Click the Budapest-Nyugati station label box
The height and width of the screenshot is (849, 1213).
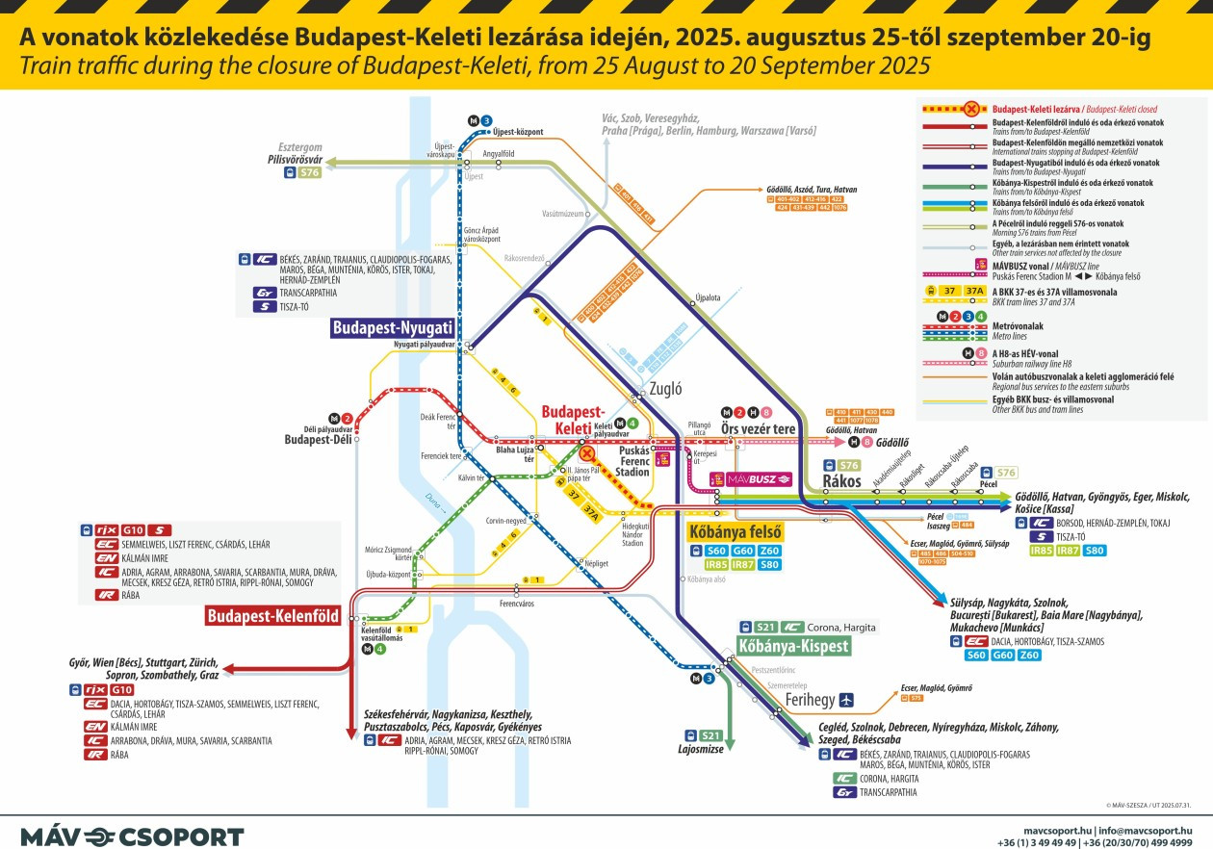[392, 328]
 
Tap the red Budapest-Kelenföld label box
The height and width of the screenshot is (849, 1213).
[273, 616]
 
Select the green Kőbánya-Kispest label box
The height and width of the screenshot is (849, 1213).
[793, 646]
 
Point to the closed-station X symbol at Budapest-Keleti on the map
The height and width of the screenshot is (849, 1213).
[586, 451]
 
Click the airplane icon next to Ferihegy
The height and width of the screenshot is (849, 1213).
[846, 700]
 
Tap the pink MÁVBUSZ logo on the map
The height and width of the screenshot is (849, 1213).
[751, 477]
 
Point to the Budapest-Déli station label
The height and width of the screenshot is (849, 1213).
[315, 440]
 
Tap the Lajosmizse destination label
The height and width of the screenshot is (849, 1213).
[700, 748]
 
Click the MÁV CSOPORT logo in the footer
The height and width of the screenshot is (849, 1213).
[132, 836]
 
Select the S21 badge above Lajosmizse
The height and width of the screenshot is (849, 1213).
[710, 734]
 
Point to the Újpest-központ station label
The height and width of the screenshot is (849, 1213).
[515, 132]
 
